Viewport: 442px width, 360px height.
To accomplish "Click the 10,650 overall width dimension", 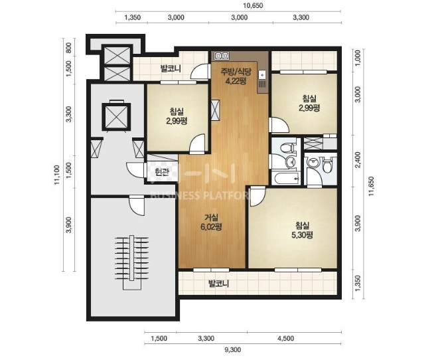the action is [253, 5].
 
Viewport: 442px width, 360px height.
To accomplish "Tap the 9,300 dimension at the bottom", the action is [232, 350].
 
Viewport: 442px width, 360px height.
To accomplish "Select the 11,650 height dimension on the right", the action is [372, 187].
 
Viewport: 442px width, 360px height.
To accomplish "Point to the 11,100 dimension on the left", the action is [57, 175].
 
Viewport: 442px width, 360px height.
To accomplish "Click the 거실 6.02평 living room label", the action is [211, 222].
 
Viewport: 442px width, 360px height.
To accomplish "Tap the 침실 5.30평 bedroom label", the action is [302, 230].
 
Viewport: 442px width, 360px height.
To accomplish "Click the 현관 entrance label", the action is [162, 171].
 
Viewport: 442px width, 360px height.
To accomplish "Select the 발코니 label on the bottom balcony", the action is [218, 283].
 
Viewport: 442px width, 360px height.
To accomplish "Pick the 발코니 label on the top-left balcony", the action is [171, 68].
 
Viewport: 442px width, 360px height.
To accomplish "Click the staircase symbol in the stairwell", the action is [131, 262].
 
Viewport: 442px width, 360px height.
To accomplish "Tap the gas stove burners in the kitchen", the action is [222, 56].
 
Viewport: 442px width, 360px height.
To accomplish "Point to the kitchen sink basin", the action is [262, 75].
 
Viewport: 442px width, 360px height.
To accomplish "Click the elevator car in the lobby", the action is [116, 116].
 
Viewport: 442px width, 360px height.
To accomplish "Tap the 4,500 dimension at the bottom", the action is [285, 339].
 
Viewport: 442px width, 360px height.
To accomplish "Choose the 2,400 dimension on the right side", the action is [358, 160].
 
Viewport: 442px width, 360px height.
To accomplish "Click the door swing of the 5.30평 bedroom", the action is [257, 196].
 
